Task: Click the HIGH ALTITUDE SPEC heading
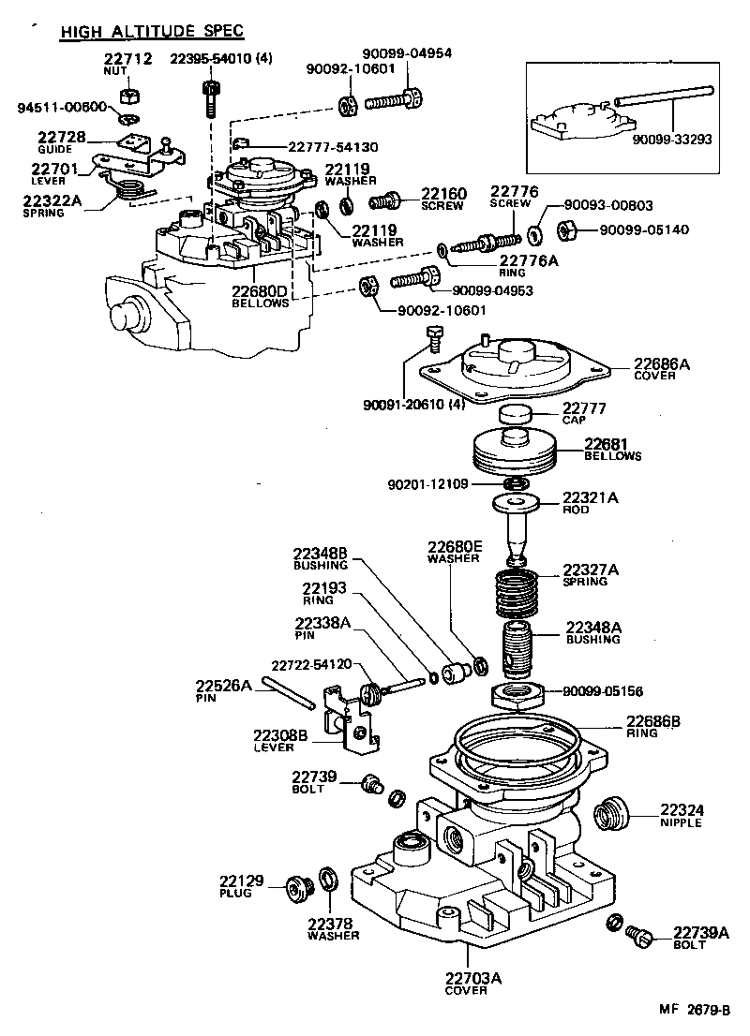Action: click(152, 32)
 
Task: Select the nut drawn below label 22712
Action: click(132, 96)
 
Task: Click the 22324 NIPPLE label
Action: click(682, 816)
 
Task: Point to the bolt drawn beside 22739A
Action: click(641, 934)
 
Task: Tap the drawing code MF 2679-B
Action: click(693, 1011)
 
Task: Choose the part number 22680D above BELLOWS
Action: click(260, 291)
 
